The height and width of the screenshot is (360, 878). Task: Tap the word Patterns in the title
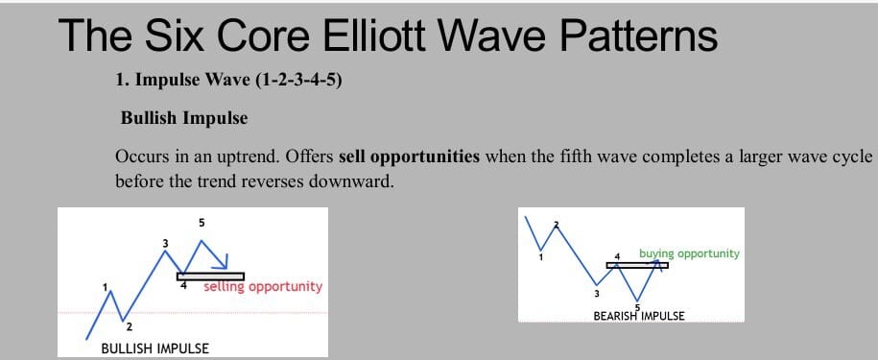point(639,36)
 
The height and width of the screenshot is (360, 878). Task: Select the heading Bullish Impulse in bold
point(184,119)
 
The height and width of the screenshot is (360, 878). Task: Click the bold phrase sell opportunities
point(410,156)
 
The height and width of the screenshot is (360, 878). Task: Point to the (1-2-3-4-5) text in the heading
point(298,81)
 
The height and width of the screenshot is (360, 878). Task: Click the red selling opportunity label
point(263,287)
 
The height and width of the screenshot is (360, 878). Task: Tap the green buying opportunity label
point(689,254)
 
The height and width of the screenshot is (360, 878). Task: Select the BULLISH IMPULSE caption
point(155,348)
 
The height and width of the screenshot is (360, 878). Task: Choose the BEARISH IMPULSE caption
point(639,316)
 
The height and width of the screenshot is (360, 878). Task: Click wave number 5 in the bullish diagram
point(202,223)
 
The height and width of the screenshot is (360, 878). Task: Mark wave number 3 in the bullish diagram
point(166,243)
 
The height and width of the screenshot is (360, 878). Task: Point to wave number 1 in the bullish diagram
point(105,287)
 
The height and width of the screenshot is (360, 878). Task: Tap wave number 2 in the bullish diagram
point(129,327)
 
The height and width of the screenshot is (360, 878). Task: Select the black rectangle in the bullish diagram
point(210,276)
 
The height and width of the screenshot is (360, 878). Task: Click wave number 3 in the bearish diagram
point(596,294)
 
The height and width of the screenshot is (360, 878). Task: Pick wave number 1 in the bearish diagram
point(540,257)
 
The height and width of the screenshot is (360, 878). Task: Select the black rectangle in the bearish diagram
point(637,265)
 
